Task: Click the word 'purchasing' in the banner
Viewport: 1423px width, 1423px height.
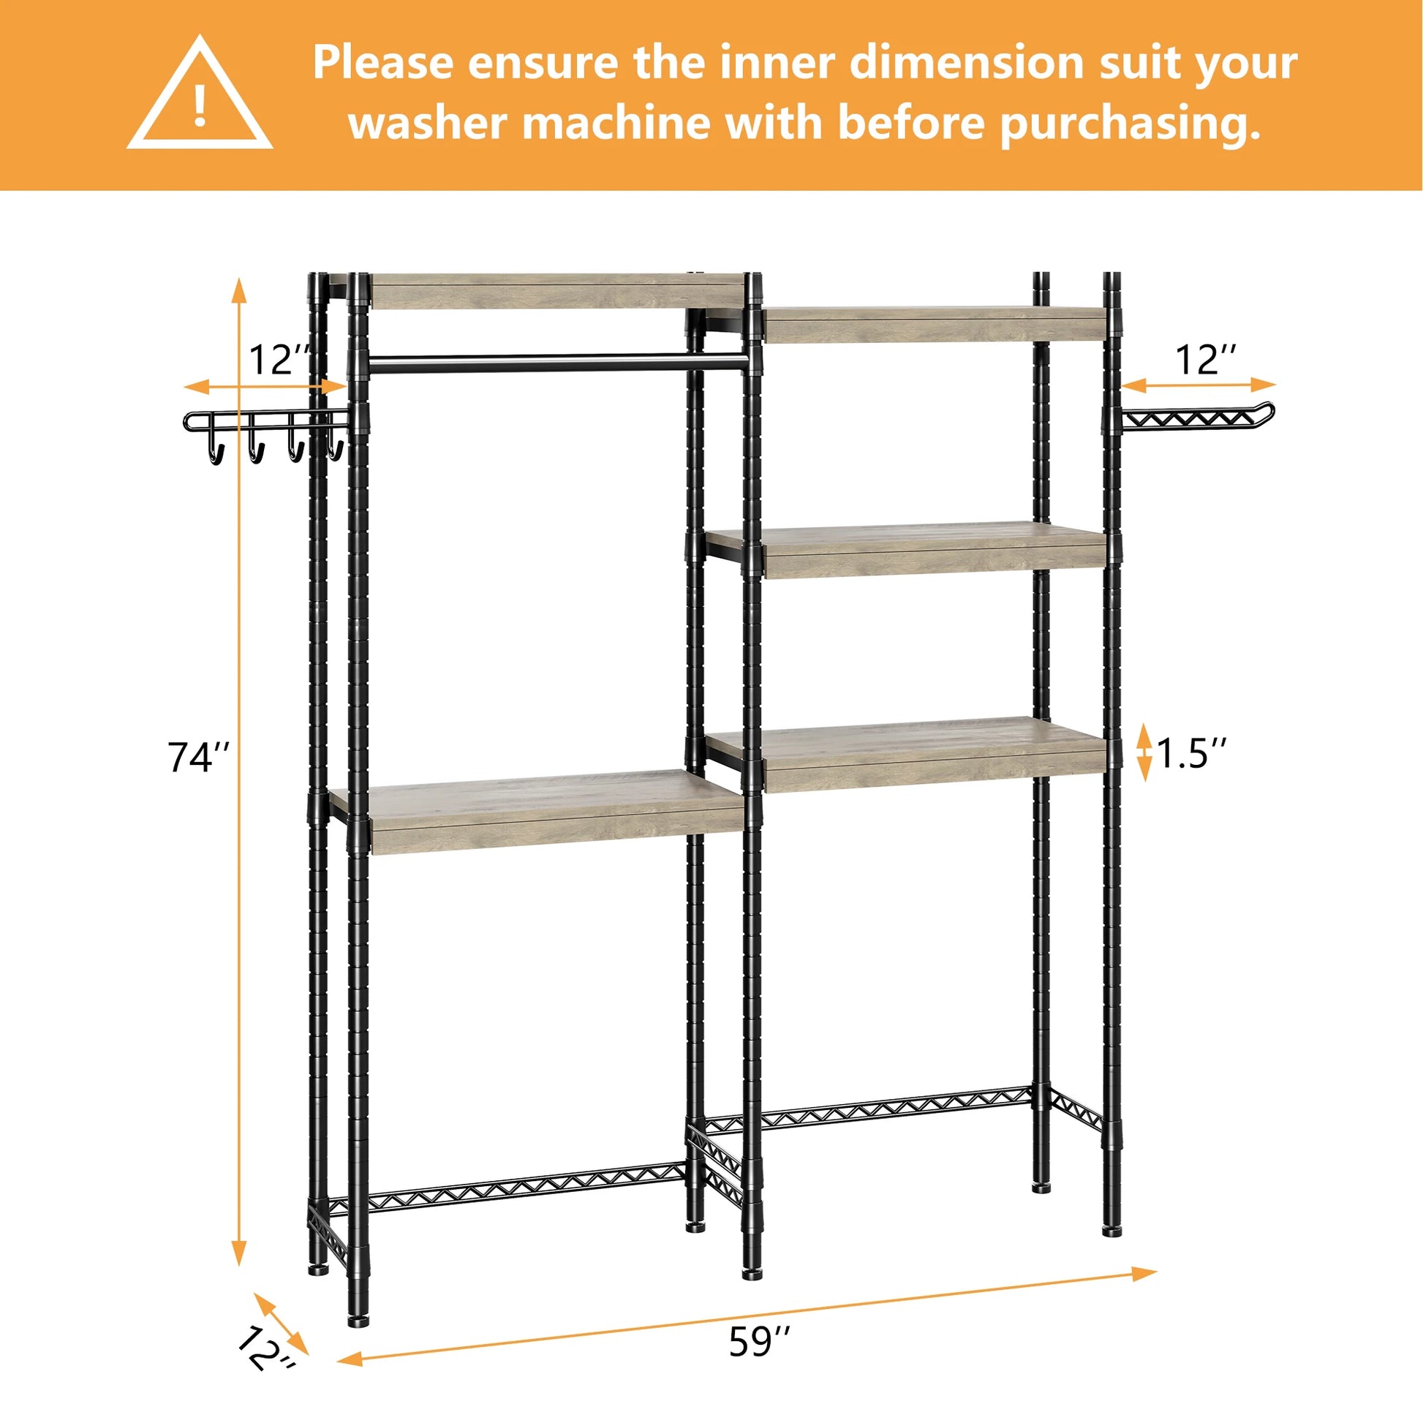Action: pyautogui.click(x=1129, y=123)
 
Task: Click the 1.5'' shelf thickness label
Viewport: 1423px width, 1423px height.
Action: pyautogui.click(x=1192, y=752)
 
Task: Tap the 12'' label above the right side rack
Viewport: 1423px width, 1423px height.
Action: pyautogui.click(x=1206, y=361)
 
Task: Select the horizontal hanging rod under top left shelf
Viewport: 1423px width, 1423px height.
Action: pyautogui.click(x=560, y=362)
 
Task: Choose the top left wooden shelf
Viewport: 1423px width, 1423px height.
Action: pyautogui.click(x=556, y=292)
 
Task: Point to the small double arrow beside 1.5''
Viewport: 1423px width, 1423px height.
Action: pyautogui.click(x=1144, y=752)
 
